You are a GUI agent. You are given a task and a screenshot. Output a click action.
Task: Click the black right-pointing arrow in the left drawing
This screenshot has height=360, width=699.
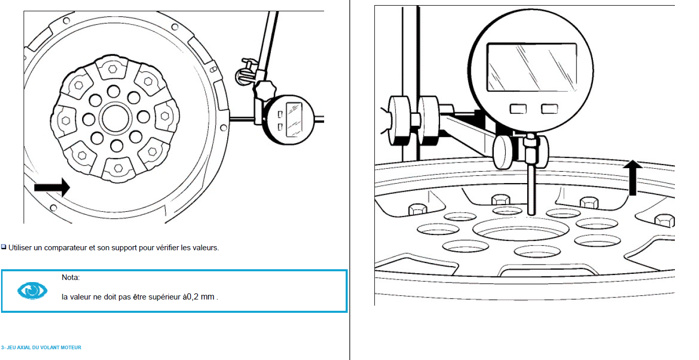click(x=52, y=188)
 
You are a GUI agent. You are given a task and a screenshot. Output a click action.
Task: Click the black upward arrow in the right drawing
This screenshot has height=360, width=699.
click(x=632, y=178)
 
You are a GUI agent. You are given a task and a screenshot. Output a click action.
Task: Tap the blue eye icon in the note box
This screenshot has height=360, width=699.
click(x=32, y=290)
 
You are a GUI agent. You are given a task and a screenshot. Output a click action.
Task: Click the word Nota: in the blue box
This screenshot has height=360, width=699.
click(x=71, y=277)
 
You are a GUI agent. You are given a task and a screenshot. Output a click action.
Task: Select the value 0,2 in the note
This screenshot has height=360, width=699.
click(x=192, y=297)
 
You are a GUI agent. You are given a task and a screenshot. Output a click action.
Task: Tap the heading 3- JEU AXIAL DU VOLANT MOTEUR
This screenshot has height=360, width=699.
click(x=41, y=348)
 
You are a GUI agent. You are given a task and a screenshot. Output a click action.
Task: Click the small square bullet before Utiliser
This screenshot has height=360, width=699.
click(x=4, y=247)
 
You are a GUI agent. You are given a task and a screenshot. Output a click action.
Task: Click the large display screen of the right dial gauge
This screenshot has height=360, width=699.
click(x=532, y=67)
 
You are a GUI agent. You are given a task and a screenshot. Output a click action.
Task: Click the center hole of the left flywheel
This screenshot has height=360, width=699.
click(x=115, y=119)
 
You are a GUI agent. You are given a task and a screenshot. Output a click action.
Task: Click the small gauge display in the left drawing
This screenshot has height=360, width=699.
click(x=294, y=120)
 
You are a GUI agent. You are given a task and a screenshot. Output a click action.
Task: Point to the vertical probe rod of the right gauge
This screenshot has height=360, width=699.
click(x=531, y=189)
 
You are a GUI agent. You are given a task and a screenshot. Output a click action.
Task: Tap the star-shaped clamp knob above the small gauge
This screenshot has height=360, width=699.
click(x=264, y=90)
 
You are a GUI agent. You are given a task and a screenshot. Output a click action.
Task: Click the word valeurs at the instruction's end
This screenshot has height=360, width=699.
click(x=205, y=248)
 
